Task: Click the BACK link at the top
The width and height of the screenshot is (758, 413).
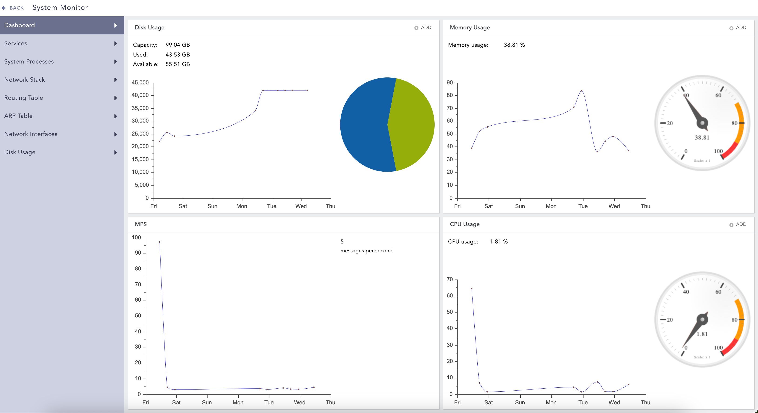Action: (x=13, y=8)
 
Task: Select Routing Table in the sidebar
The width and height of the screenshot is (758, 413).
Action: (x=23, y=98)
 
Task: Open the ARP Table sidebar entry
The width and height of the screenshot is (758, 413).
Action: (x=18, y=116)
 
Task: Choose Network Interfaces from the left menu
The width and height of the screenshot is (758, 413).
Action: (x=31, y=134)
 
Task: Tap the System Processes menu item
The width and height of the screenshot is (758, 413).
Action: (x=29, y=61)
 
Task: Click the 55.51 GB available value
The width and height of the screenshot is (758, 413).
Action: (x=178, y=64)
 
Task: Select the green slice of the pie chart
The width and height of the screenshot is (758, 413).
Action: (x=412, y=123)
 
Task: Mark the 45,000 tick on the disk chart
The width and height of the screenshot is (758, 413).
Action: (x=140, y=83)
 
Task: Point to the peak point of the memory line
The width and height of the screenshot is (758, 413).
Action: (x=581, y=91)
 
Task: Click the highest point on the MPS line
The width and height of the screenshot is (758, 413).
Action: (x=159, y=242)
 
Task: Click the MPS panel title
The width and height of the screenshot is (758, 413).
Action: (x=141, y=224)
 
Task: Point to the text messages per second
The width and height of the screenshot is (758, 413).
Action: (x=366, y=251)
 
